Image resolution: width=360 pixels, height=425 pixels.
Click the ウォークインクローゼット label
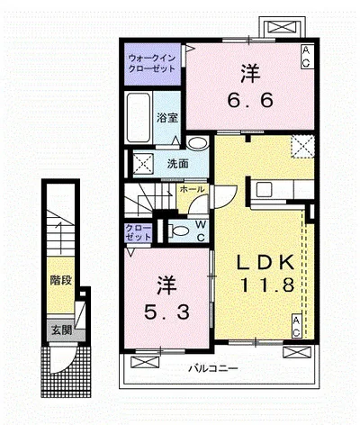[x=152, y=63]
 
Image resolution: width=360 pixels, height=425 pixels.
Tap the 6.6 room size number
[x=250, y=100]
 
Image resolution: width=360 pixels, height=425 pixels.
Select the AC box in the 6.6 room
[x=307, y=57]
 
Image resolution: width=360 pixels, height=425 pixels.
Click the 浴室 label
[x=166, y=118]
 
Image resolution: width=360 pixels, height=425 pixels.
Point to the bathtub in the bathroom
[x=139, y=118]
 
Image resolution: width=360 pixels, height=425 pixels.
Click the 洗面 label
[x=177, y=164]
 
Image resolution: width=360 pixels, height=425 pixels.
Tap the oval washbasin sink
[x=197, y=143]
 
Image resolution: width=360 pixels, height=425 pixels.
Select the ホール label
[x=193, y=189]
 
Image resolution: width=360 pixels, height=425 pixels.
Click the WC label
[x=202, y=231]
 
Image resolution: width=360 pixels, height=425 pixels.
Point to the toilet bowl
[x=179, y=231]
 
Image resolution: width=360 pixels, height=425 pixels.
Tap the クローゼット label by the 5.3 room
[x=139, y=232]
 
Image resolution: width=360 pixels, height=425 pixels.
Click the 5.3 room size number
[x=167, y=312]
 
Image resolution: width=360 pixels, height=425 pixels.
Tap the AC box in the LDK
[x=296, y=326]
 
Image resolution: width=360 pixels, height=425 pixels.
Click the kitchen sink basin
[x=264, y=190]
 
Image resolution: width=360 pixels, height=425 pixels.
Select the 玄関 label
[x=61, y=330]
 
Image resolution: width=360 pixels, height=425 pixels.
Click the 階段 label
[x=61, y=280]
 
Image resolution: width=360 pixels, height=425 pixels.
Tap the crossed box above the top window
[x=282, y=27]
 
